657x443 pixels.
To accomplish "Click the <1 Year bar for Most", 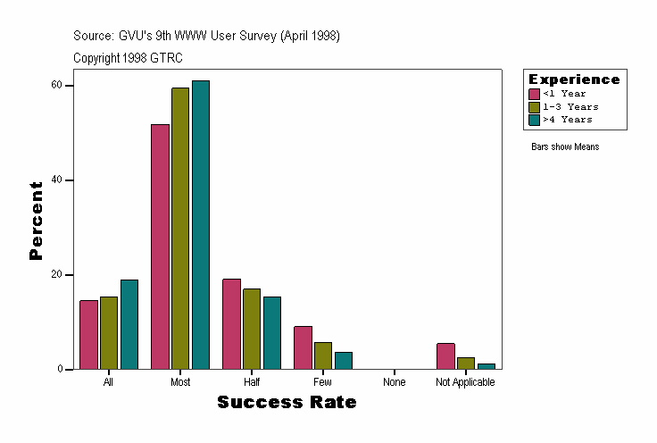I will (x=160, y=247).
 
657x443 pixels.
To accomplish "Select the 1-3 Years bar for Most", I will (x=180, y=229).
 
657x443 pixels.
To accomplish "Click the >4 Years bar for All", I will (x=129, y=324).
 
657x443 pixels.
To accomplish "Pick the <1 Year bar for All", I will (x=88, y=335).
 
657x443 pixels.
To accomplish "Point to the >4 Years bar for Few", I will (x=344, y=360).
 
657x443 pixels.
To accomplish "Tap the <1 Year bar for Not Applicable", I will (x=445, y=356).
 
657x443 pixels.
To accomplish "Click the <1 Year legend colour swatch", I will (x=535, y=94).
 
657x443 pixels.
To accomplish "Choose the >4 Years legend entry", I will (x=567, y=119).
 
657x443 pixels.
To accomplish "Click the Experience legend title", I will (x=574, y=79).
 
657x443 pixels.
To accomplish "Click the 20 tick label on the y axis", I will (x=56, y=274).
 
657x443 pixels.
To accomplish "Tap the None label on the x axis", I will (x=394, y=382).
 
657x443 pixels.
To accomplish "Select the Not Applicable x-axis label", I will (x=465, y=382).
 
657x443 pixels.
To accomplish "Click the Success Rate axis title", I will (x=287, y=403).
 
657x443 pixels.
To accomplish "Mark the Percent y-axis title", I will (x=36, y=221).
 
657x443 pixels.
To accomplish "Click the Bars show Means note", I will (x=564, y=146).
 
